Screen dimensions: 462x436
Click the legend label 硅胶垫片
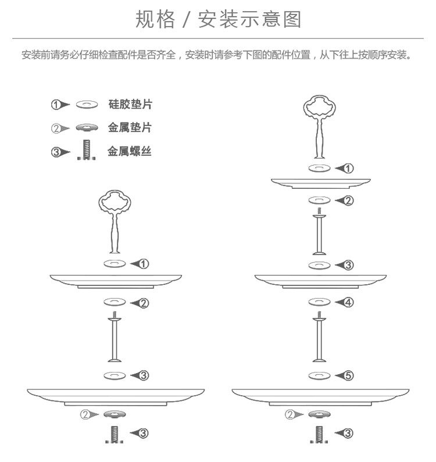pos(130,105)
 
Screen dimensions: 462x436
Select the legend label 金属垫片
pos(130,127)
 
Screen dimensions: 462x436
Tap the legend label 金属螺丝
pos(130,152)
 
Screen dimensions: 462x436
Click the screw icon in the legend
pos(86,151)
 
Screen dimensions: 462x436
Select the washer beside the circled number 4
pos(319,302)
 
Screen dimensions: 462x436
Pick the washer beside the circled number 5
pos(319,375)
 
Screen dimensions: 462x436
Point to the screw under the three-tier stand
pos(319,433)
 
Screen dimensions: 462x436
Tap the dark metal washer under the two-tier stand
pos(115,414)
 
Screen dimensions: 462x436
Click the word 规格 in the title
pos(155,20)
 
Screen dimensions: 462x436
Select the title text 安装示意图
pos(249,20)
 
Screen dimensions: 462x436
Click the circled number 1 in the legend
pos(56,105)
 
